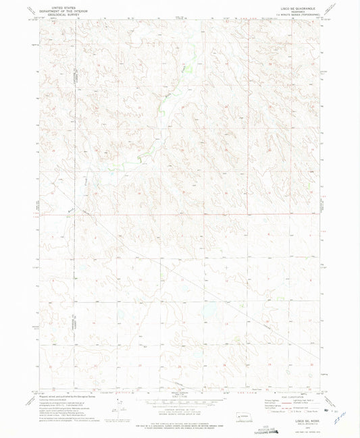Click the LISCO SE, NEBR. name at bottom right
pyautogui.click(x=299, y=402)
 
